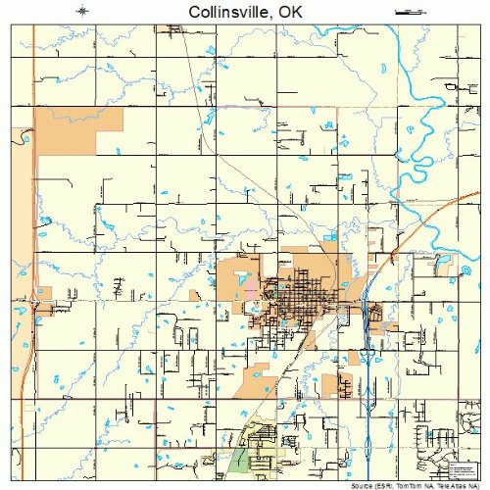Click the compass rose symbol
pos(83,12)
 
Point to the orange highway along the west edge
pos(32,196)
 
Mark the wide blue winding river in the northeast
pos(431,108)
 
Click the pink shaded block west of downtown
pos(252,291)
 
